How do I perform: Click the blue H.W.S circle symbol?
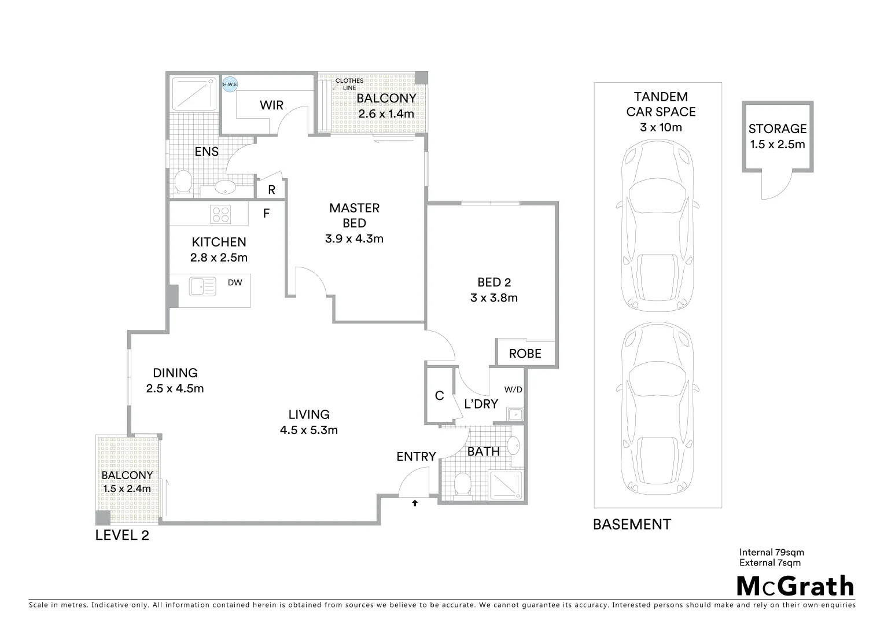(230, 84)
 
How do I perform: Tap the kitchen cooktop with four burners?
(220, 214)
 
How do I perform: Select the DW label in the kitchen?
(235, 282)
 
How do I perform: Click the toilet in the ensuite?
(183, 181)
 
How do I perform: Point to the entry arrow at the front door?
(415, 503)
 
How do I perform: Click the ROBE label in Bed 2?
(525, 354)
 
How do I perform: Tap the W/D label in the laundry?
(513, 389)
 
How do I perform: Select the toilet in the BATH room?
(463, 484)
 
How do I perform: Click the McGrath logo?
(795, 586)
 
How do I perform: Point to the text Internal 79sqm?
(771, 552)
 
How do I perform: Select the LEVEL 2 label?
(122, 536)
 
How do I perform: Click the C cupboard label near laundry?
(440, 396)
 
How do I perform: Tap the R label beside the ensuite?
(271, 190)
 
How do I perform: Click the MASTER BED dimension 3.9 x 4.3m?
(354, 238)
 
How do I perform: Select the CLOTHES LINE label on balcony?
(349, 84)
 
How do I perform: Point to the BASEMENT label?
(632, 525)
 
